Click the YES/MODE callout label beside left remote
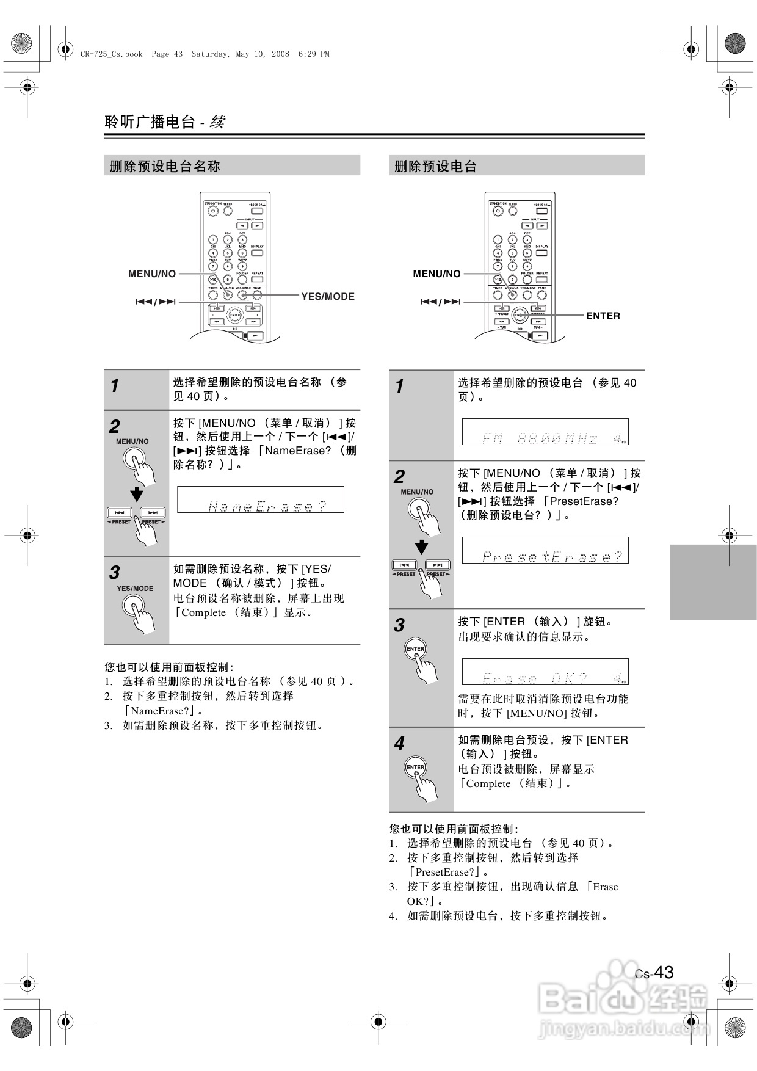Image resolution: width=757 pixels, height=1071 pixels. (328, 297)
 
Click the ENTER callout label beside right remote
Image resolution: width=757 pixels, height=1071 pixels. (603, 316)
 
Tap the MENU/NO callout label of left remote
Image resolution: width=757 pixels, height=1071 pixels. (152, 274)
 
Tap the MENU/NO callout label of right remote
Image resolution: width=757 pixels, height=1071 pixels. (436, 274)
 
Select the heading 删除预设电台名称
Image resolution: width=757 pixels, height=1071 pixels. (165, 166)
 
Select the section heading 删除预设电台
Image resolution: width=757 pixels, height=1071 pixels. (436, 166)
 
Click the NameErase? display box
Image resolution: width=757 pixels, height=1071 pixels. (261, 500)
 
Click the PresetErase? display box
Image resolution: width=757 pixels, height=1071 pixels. (545, 551)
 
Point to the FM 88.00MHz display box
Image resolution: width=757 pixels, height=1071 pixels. (545, 432)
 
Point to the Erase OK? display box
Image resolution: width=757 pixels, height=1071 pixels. (545, 672)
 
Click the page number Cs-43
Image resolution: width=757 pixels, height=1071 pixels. (654, 972)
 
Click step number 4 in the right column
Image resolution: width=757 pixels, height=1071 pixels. (399, 744)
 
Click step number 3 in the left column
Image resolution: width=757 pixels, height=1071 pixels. (115, 573)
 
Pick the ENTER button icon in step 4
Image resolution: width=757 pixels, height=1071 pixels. (415, 768)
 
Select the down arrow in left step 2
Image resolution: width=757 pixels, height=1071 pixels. (137, 494)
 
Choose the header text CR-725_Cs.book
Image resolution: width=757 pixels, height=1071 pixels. (111, 54)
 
